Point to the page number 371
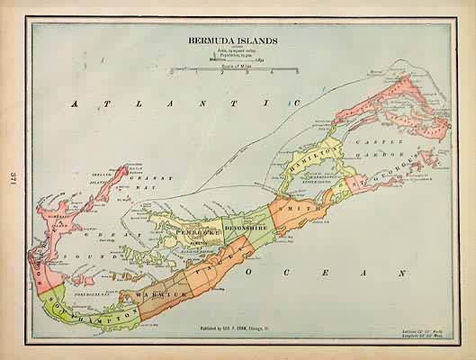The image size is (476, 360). click(x=11, y=180)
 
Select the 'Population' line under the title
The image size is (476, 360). click(x=222, y=55)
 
